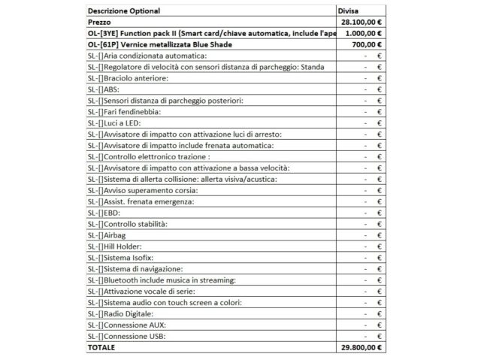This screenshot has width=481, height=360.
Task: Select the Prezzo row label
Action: [x=100, y=23]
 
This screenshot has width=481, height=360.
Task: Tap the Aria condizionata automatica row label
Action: [x=147, y=56]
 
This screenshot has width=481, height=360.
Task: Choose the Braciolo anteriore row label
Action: [x=128, y=78]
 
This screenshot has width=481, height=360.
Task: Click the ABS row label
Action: [x=105, y=89]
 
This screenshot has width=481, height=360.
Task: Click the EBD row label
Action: [x=105, y=213]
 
